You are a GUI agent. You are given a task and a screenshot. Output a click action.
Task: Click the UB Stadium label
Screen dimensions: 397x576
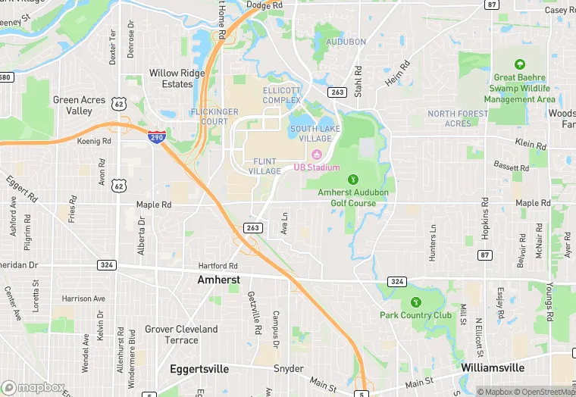[x=317, y=167]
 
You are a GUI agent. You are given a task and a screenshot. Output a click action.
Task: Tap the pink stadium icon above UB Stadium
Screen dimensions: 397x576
[x=317, y=155]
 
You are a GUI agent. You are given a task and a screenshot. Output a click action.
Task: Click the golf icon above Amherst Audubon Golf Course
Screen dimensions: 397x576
[x=352, y=180]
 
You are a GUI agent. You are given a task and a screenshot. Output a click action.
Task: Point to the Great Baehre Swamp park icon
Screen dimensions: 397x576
[x=520, y=65]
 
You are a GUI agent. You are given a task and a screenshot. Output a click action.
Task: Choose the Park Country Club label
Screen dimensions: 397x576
[x=416, y=315]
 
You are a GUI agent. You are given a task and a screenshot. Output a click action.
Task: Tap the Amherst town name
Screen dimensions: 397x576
[x=218, y=280]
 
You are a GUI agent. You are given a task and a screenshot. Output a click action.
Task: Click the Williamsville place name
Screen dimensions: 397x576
[x=493, y=367]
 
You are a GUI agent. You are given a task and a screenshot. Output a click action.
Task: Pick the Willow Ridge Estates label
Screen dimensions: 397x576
[x=177, y=79]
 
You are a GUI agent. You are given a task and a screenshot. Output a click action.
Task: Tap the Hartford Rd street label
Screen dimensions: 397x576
[x=218, y=266]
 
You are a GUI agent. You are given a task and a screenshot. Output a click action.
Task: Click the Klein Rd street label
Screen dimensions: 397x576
[x=531, y=143]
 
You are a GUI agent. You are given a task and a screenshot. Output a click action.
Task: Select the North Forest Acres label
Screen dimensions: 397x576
[x=458, y=118]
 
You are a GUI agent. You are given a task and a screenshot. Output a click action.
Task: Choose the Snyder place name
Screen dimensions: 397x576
[x=289, y=369]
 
